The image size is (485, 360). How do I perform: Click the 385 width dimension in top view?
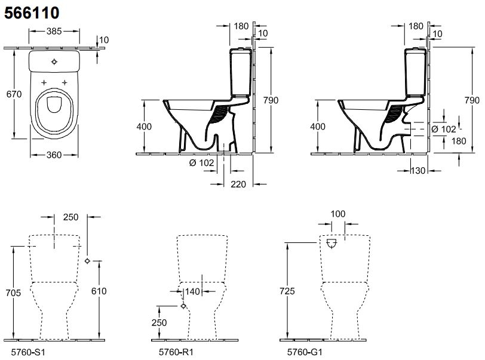[x=54, y=31]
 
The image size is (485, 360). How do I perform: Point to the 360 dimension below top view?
[x=54, y=155]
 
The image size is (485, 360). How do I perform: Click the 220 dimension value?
[x=238, y=184]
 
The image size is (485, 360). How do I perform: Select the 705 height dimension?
[x=13, y=293]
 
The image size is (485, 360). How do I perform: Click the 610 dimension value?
[x=99, y=291]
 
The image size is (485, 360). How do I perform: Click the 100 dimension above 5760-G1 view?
[x=339, y=213]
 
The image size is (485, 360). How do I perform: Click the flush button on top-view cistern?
[x=54, y=61]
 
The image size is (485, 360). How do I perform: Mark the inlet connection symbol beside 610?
[x=88, y=261]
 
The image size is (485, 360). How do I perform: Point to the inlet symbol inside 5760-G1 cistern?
[x=333, y=244]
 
